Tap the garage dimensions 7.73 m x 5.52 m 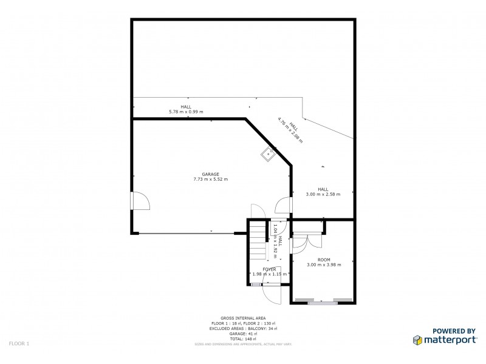[210, 179]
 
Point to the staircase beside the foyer [258, 241]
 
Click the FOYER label [269, 269]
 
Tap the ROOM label [324, 260]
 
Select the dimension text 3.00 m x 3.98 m [324, 265]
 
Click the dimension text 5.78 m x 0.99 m [186, 112]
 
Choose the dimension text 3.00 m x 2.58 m [323, 194]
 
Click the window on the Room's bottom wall [322, 301]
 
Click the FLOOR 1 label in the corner [19, 344]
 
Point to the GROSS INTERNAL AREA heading [243, 318]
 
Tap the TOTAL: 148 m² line [243, 339]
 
